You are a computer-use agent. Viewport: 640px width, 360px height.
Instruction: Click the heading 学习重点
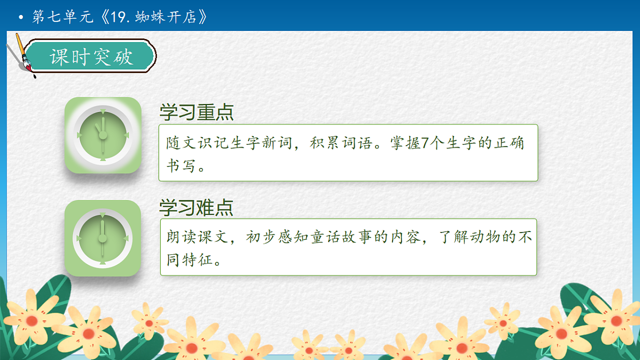coord(196,113)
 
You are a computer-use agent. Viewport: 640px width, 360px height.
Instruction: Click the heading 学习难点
coord(196,207)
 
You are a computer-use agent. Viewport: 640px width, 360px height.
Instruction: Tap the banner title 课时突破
coord(91,57)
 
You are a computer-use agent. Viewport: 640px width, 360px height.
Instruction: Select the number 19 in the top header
coord(117,17)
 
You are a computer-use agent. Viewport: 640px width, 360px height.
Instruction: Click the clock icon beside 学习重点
coord(103,135)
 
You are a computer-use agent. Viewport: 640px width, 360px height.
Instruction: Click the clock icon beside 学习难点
coord(103,238)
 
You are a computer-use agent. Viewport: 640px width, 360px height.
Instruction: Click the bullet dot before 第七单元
coord(21,18)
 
